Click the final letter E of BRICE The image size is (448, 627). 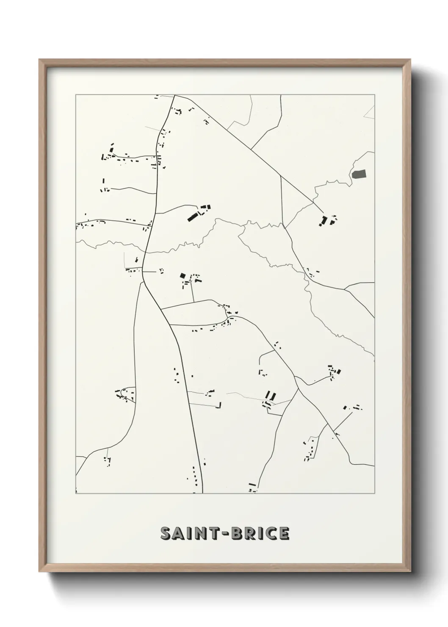click(284, 533)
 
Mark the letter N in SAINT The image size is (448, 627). click(201, 533)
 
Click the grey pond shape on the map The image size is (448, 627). click(358, 173)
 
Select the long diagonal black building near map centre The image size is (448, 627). click(194, 216)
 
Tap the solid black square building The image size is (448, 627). click(183, 275)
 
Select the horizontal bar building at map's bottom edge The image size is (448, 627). click(252, 484)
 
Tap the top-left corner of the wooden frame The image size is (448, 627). click(40, 60)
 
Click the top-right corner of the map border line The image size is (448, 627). click(374, 95)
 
